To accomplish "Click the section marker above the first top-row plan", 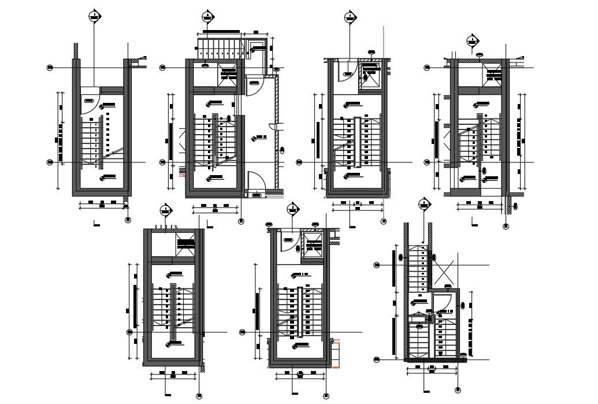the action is point(93,17).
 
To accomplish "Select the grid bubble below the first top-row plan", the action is point(128,220).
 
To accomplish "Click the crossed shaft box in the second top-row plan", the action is point(228,75).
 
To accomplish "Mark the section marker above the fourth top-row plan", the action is point(473,41).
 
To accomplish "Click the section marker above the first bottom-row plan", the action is point(166,210).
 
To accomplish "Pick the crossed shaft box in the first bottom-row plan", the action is point(185,245).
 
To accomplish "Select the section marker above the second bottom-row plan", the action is point(294,208).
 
